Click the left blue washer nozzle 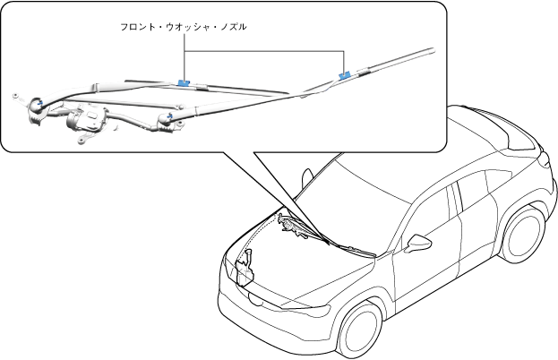pos(185,82)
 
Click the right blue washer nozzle pos(345,76)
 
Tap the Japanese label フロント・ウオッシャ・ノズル pos(184,28)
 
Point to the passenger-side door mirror pos(418,243)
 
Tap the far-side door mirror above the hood pos(307,176)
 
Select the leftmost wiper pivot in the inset pos(39,105)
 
